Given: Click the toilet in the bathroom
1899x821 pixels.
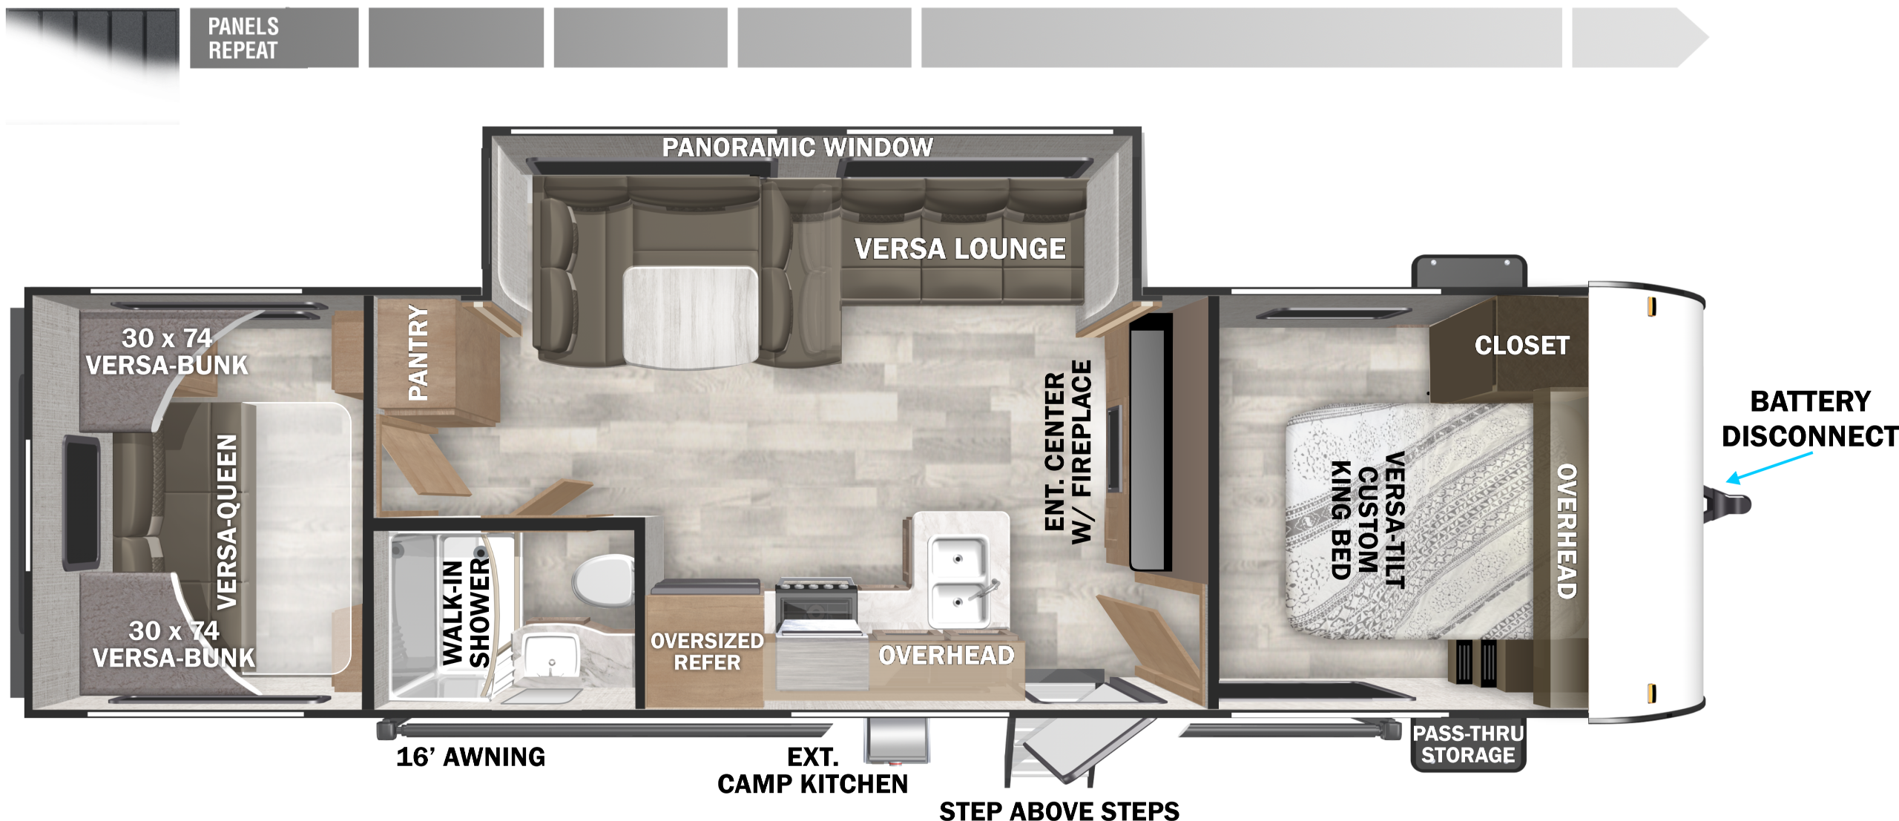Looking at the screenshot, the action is coord(602,580).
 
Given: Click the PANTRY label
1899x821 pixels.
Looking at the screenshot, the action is coord(418,352).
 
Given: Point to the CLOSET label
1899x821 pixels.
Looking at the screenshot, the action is coord(1521,345).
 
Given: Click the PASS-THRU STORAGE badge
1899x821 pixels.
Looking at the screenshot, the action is coord(1468,744).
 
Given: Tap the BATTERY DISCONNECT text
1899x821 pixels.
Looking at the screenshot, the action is coord(1810,419).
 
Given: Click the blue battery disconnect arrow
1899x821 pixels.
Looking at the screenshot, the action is coord(1769,467).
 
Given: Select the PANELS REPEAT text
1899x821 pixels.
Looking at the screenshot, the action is coord(243,38).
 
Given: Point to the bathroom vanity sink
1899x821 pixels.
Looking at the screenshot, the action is coord(550,656).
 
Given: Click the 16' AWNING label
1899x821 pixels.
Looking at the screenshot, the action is coord(471,756).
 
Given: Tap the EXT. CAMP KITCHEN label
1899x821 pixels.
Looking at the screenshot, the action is coord(812,771).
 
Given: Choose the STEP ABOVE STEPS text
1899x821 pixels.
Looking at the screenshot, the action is coord(1059,811).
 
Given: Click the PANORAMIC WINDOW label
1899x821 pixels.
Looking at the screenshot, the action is coord(797,148).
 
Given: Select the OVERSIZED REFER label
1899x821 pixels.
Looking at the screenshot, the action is coord(707,651).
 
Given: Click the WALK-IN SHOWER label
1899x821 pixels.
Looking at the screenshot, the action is coord(466,613).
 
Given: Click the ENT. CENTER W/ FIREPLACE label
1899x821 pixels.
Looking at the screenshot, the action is coord(1067,452).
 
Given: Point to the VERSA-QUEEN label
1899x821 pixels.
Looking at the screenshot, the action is coord(227,521).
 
